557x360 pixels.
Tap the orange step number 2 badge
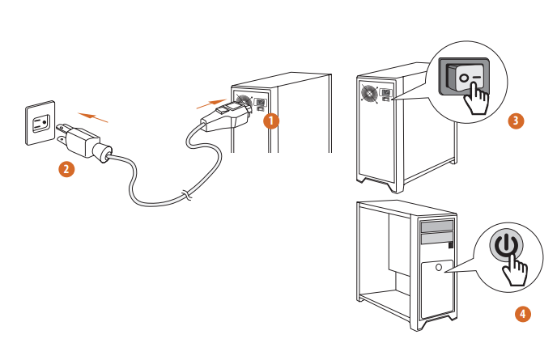tap(67, 169)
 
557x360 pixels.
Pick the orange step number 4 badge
tap(524, 312)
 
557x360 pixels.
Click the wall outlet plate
tap(40, 123)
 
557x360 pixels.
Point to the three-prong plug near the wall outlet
tap(78, 140)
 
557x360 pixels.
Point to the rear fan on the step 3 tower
tap(370, 94)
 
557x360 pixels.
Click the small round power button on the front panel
tap(438, 266)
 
